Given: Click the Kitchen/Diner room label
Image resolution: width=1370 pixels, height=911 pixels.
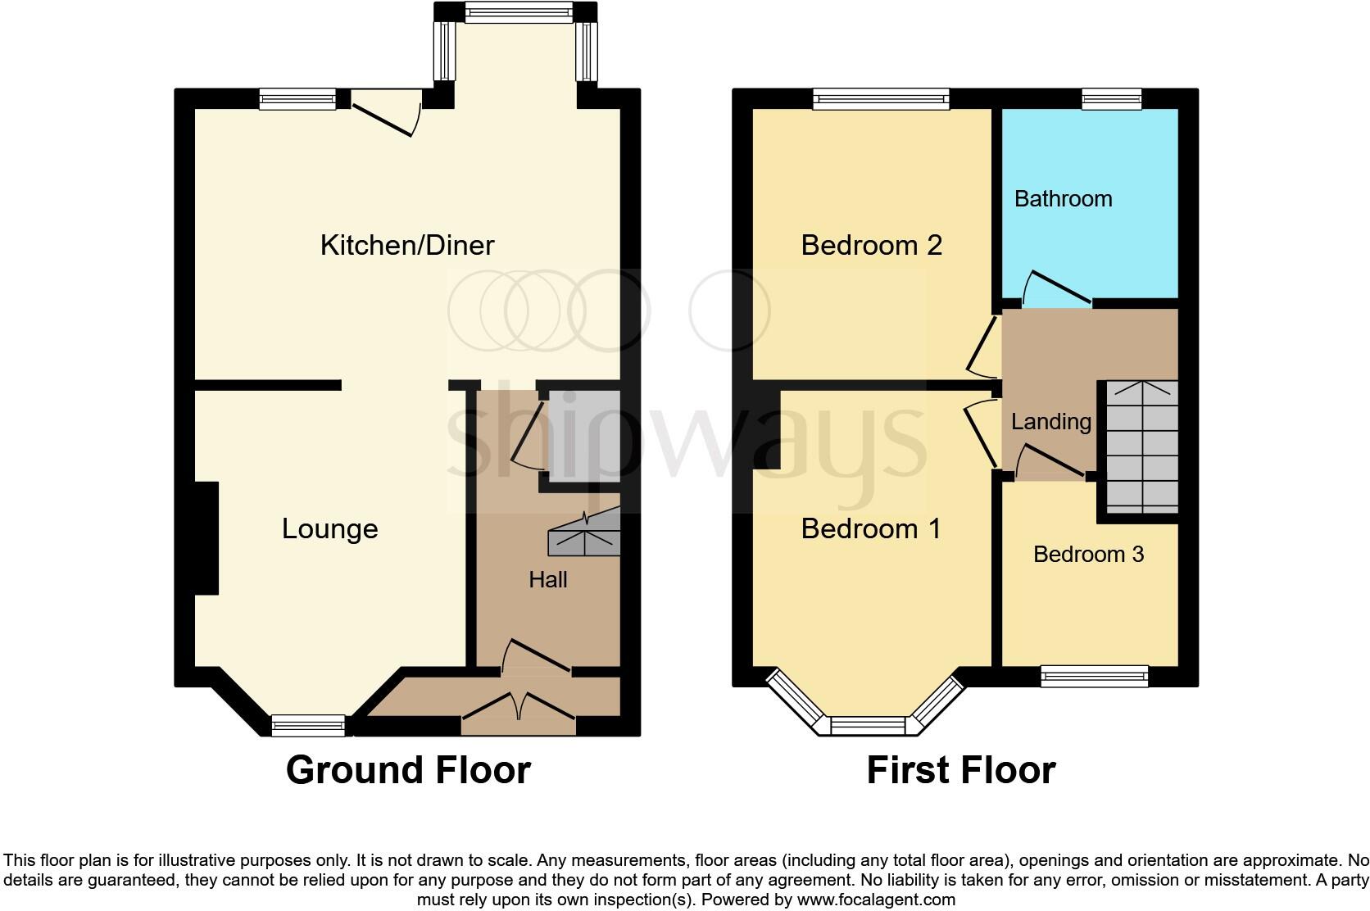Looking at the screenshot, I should [x=407, y=245].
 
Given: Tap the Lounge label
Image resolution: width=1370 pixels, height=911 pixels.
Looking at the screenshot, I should [x=329, y=529].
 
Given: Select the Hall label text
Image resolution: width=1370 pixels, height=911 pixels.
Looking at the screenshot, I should [x=548, y=580].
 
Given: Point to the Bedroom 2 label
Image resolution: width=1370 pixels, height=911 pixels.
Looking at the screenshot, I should [x=871, y=245].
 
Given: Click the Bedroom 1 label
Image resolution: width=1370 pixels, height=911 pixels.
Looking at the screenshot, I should [x=871, y=529].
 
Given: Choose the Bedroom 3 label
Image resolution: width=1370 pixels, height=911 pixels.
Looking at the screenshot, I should [x=1088, y=555].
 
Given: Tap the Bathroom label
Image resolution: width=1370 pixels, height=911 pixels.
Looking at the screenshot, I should [x=1063, y=199].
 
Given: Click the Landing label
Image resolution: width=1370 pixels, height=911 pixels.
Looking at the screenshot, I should [x=1050, y=422].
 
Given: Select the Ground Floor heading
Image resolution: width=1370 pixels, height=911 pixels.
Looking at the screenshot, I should [x=408, y=770].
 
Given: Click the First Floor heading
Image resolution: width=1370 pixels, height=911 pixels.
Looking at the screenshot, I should [x=961, y=770].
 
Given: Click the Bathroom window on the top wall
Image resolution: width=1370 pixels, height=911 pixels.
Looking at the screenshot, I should [x=1111, y=100].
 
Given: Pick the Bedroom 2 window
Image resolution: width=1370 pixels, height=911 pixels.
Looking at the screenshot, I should [x=881, y=100].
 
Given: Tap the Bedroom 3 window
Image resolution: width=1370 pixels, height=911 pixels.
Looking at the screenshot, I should [x=1094, y=677].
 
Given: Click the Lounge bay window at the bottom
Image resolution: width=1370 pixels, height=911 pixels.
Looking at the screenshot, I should [x=308, y=725].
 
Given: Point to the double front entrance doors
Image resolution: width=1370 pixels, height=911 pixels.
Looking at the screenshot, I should [x=519, y=708].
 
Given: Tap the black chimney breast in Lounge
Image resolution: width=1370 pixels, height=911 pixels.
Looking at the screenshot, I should [x=206, y=537].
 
